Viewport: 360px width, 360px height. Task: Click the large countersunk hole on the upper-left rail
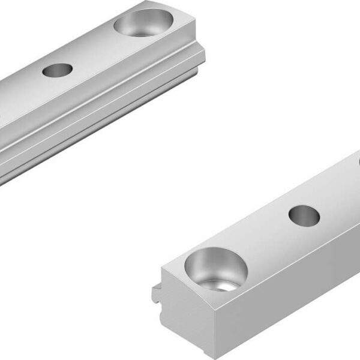click(142, 23)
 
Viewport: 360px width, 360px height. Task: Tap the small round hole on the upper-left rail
click(57, 70)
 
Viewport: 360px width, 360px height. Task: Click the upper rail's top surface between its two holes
click(96, 48)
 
